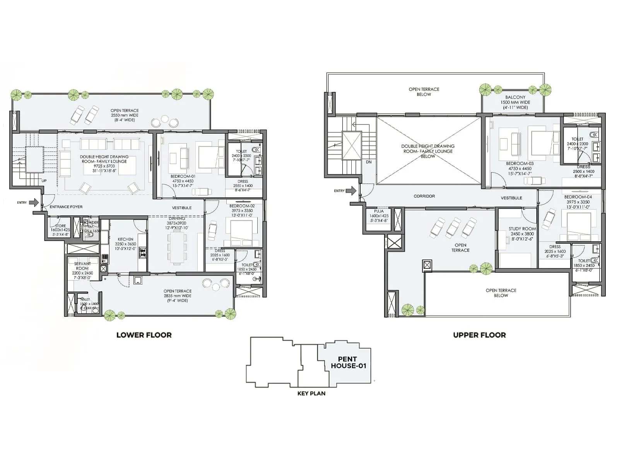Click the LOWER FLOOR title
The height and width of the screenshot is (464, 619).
[144, 335]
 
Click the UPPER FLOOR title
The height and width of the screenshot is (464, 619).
[479, 335]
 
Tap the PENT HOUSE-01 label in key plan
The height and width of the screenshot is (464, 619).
[348, 362]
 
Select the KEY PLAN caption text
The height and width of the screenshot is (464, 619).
[311, 393]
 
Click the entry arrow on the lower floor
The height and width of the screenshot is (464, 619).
[34, 202]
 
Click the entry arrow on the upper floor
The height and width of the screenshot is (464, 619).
[351, 191]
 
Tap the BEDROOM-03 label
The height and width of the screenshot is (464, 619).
[520, 164]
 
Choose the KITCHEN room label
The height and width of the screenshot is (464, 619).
[125, 239]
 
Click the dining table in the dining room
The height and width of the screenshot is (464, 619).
[176, 247]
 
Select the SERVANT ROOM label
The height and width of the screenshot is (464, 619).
[82, 266]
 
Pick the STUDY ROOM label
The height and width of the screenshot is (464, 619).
[522, 229]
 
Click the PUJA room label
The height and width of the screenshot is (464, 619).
[379, 211]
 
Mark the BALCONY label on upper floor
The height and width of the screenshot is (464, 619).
[515, 97]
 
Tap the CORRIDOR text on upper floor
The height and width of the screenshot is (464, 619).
[424, 196]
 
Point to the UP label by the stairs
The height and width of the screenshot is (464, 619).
[44, 181]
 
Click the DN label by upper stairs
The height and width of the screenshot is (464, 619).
[368, 162]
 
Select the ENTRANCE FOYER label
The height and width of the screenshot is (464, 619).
[66, 207]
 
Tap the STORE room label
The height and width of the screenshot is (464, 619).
[60, 226]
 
